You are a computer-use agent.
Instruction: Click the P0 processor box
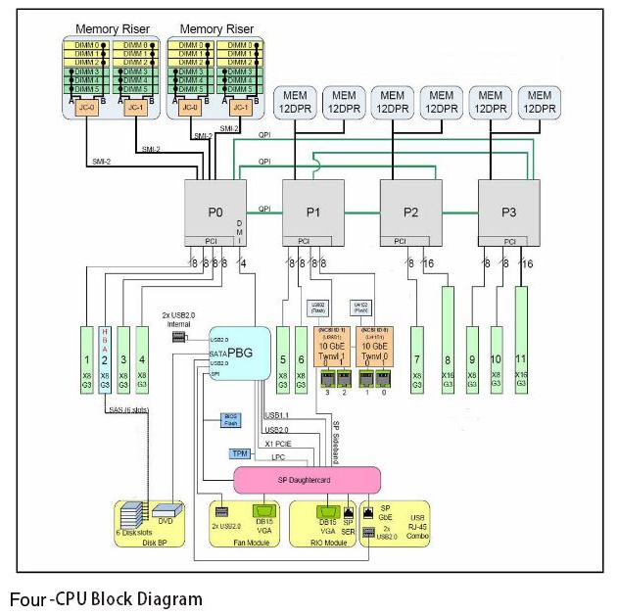[214, 211]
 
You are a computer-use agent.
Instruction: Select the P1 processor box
[312, 211]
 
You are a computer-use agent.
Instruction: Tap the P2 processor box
[410, 211]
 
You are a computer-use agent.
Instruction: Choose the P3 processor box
[508, 211]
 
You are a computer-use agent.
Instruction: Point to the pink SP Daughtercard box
[306, 479]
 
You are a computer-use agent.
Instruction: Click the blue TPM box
[240, 453]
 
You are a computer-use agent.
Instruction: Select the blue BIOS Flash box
[230, 420]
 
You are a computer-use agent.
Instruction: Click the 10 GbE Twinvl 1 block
[335, 354]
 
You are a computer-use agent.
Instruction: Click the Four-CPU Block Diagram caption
[106, 598]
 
